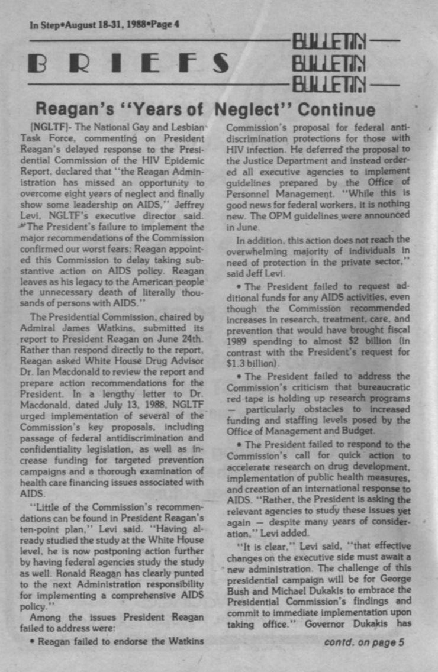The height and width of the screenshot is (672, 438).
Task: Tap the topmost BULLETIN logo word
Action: coord(328,43)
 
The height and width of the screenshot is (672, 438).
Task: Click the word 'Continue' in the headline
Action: coord(336,110)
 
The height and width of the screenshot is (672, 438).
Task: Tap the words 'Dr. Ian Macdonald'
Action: coord(56,373)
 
